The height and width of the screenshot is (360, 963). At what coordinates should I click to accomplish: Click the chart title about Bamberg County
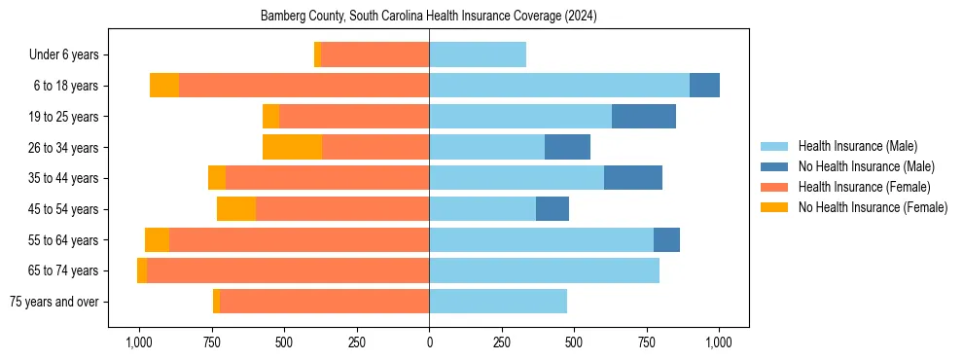(x=429, y=17)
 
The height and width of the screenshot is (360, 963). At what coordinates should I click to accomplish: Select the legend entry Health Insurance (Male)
(x=857, y=146)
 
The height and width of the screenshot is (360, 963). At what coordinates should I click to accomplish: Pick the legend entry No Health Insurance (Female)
(x=873, y=207)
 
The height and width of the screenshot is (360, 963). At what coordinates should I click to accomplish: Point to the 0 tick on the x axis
(x=429, y=342)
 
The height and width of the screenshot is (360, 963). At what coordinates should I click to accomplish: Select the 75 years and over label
(x=53, y=302)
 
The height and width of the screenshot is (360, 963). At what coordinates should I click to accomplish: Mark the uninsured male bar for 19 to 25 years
(x=644, y=117)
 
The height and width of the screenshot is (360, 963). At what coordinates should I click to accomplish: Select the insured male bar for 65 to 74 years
(x=544, y=270)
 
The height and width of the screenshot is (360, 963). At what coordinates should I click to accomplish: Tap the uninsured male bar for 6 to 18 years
(x=704, y=86)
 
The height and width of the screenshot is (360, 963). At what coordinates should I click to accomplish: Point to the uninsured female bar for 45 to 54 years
(x=236, y=209)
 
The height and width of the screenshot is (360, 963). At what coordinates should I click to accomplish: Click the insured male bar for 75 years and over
(x=498, y=302)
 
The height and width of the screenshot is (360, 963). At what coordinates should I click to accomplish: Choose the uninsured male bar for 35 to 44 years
(x=633, y=178)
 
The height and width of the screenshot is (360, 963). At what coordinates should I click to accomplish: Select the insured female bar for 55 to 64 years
(x=299, y=240)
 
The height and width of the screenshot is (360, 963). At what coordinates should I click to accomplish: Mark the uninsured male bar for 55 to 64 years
(x=666, y=240)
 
